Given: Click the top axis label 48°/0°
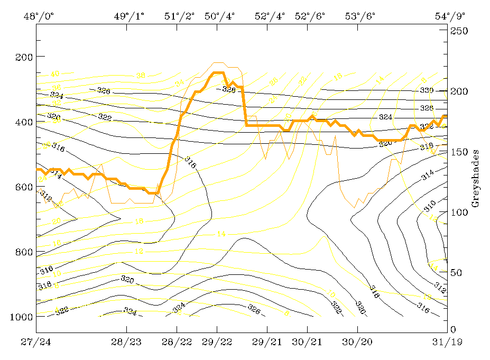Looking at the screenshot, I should (39, 16).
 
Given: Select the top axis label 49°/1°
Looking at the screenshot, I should (129, 16).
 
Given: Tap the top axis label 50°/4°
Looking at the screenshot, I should (219, 16).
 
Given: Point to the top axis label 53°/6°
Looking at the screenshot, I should (360, 16).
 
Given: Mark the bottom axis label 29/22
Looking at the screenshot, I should (217, 342).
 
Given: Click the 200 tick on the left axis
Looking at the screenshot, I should (24, 57).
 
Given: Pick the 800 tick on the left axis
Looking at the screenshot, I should (24, 252).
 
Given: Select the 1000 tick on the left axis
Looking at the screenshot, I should (22, 317).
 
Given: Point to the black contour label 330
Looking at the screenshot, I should (426, 90).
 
